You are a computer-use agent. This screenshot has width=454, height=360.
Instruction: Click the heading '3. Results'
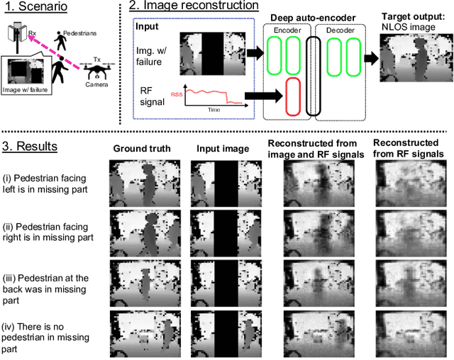(x=31, y=147)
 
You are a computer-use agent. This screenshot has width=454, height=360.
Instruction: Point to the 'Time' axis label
(x=213, y=111)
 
